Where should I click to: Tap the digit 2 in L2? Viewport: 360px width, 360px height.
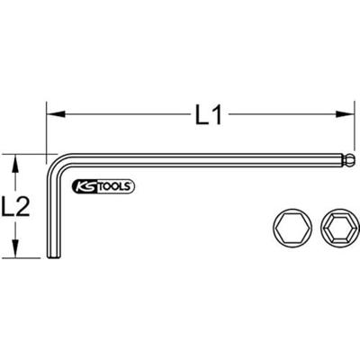click(x=28, y=206)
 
